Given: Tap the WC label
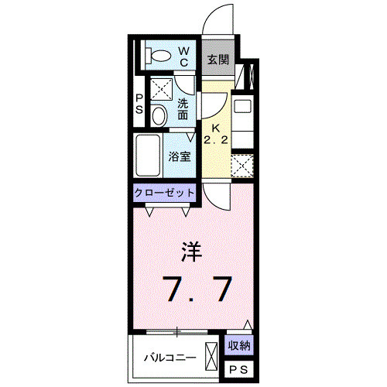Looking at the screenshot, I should coord(186,55).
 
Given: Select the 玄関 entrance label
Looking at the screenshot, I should coord(217,59).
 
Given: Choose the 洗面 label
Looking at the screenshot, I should coord(183,109).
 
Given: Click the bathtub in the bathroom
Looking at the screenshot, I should coord(148,155).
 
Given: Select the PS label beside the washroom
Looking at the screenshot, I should coord(139,104).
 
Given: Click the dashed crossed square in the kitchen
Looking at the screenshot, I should coord(242,166).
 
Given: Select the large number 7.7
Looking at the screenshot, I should coord(197,290).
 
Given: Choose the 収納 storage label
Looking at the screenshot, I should coord(238,344).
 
